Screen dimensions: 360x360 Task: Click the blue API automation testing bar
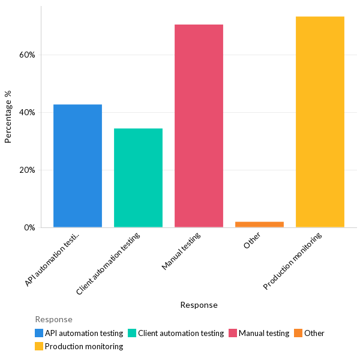(77, 166)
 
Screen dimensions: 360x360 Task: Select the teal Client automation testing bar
(138, 178)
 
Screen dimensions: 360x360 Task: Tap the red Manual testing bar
(199, 126)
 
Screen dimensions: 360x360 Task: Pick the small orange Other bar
(259, 224)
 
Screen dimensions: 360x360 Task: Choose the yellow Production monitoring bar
(320, 122)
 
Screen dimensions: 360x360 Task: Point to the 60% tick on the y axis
(27, 55)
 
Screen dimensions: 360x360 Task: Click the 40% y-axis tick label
(27, 112)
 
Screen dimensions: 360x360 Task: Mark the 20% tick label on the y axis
(27, 170)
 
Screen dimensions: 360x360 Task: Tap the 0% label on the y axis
(29, 227)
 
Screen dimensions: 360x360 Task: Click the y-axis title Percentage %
(8, 117)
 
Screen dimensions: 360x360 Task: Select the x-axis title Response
(199, 305)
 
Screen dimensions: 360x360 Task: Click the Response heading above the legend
(53, 319)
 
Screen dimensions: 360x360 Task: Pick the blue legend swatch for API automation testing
(39, 333)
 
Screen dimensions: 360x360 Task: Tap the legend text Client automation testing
(181, 333)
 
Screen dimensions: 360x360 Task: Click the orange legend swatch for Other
(298, 333)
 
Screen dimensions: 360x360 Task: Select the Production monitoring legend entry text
(83, 346)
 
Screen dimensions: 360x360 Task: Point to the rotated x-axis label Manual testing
(181, 251)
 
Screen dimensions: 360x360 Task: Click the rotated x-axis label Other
(252, 241)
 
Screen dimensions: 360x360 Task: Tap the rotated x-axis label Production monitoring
(293, 261)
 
